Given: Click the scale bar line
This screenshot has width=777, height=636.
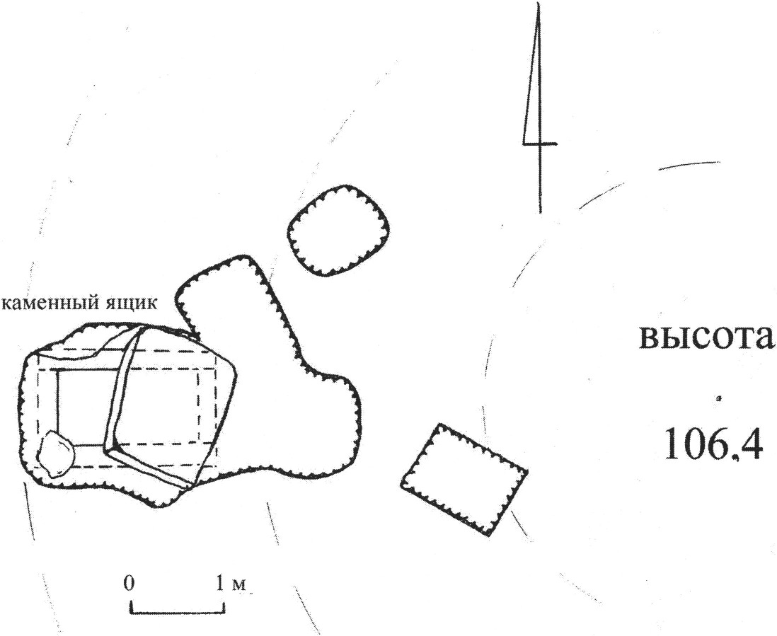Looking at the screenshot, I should click(x=178, y=608).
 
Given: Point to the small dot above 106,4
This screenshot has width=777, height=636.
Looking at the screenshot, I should click(x=719, y=399).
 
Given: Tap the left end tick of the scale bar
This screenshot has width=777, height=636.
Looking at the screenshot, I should click(x=131, y=606).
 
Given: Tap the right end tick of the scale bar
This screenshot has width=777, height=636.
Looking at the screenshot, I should click(x=224, y=606).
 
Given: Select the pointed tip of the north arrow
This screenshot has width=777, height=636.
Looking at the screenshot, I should click(x=539, y=6).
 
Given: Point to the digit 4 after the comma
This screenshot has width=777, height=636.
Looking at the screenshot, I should click(x=749, y=446).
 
